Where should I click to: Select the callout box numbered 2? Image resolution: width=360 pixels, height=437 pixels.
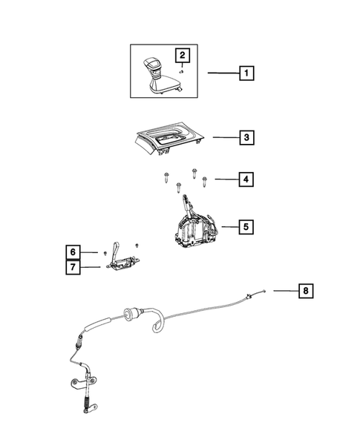(x=181, y=54)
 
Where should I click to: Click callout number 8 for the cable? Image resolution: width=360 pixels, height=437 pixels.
(x=304, y=291)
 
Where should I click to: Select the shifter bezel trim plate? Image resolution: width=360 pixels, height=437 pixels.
(x=171, y=139)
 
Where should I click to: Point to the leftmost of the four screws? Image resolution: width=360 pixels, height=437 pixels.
(x=163, y=177)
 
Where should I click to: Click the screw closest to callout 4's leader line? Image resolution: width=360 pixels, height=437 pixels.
(x=206, y=179)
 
